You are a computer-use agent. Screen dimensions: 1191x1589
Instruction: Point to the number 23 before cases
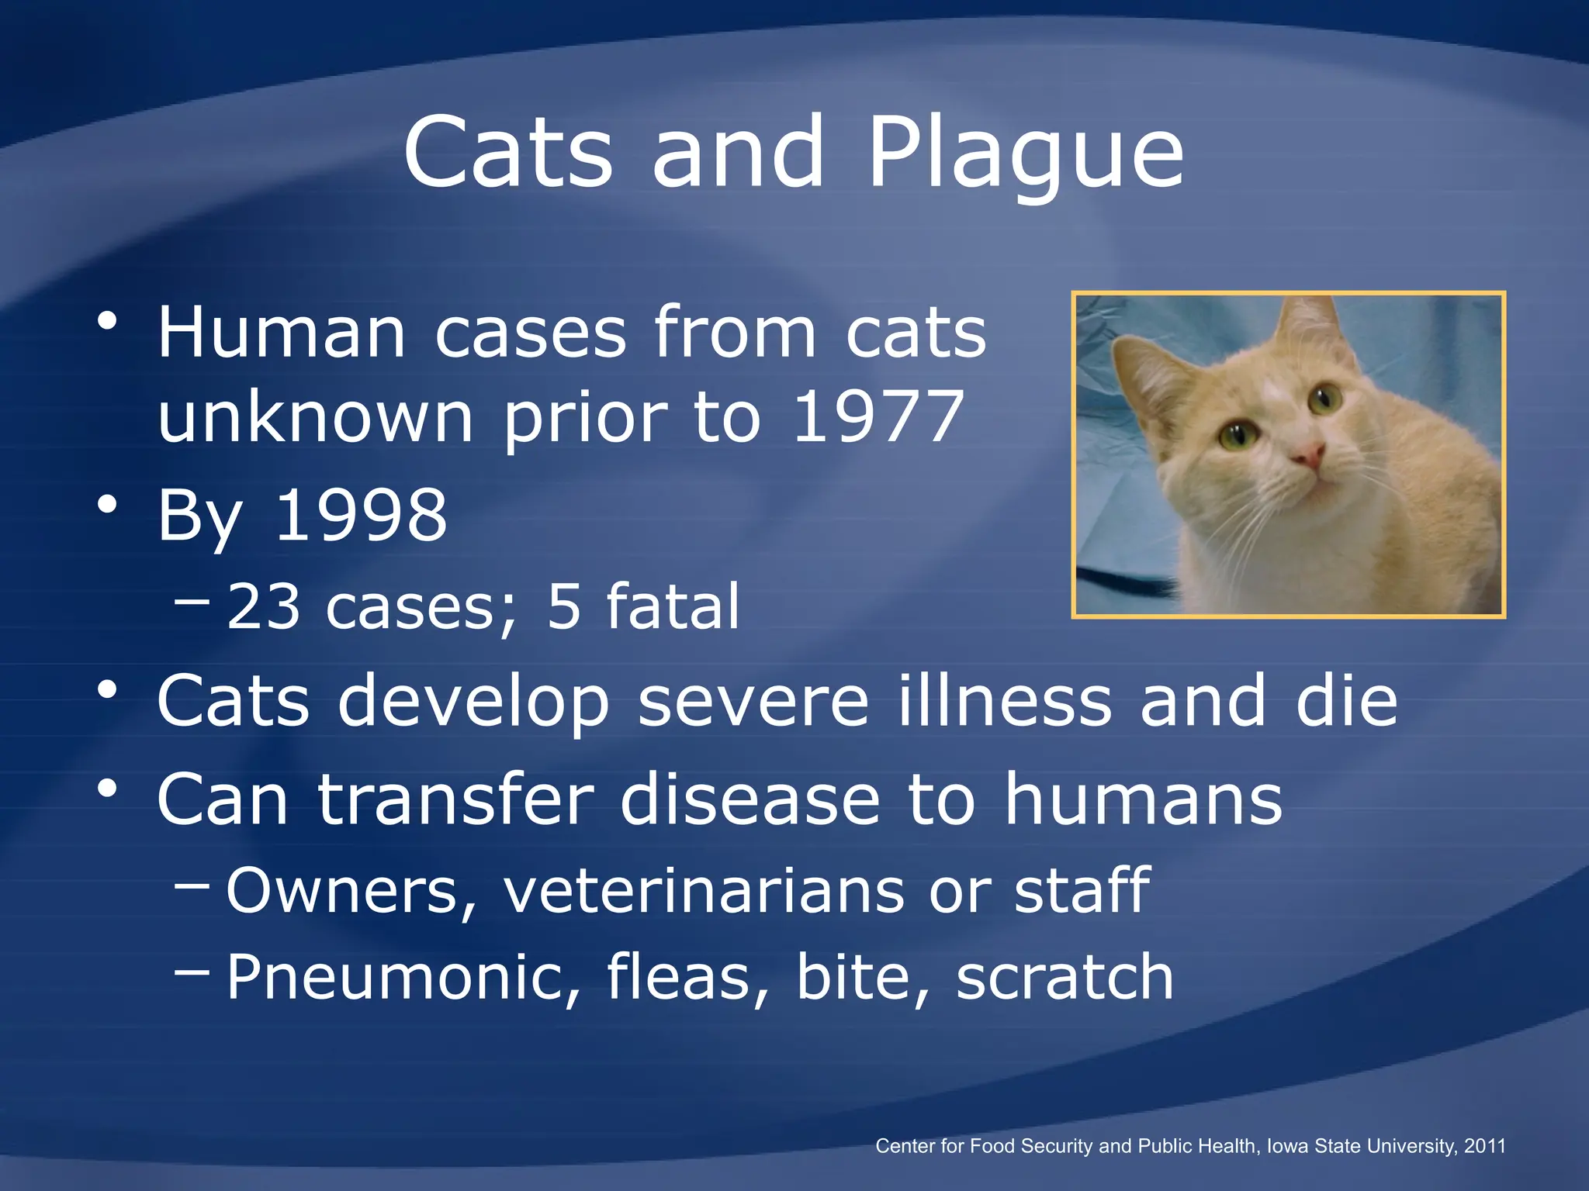tap(263, 606)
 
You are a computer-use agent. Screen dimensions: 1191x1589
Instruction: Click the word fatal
tap(673, 606)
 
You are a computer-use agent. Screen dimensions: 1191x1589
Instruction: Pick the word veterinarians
tap(704, 890)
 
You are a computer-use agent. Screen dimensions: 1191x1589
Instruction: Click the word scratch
tap(1065, 977)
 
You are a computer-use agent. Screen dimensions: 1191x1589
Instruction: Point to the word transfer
tap(455, 799)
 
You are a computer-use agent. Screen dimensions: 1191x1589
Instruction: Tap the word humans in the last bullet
tap(1144, 799)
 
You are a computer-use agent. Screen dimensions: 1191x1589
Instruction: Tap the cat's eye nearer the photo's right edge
tap(1324, 398)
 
